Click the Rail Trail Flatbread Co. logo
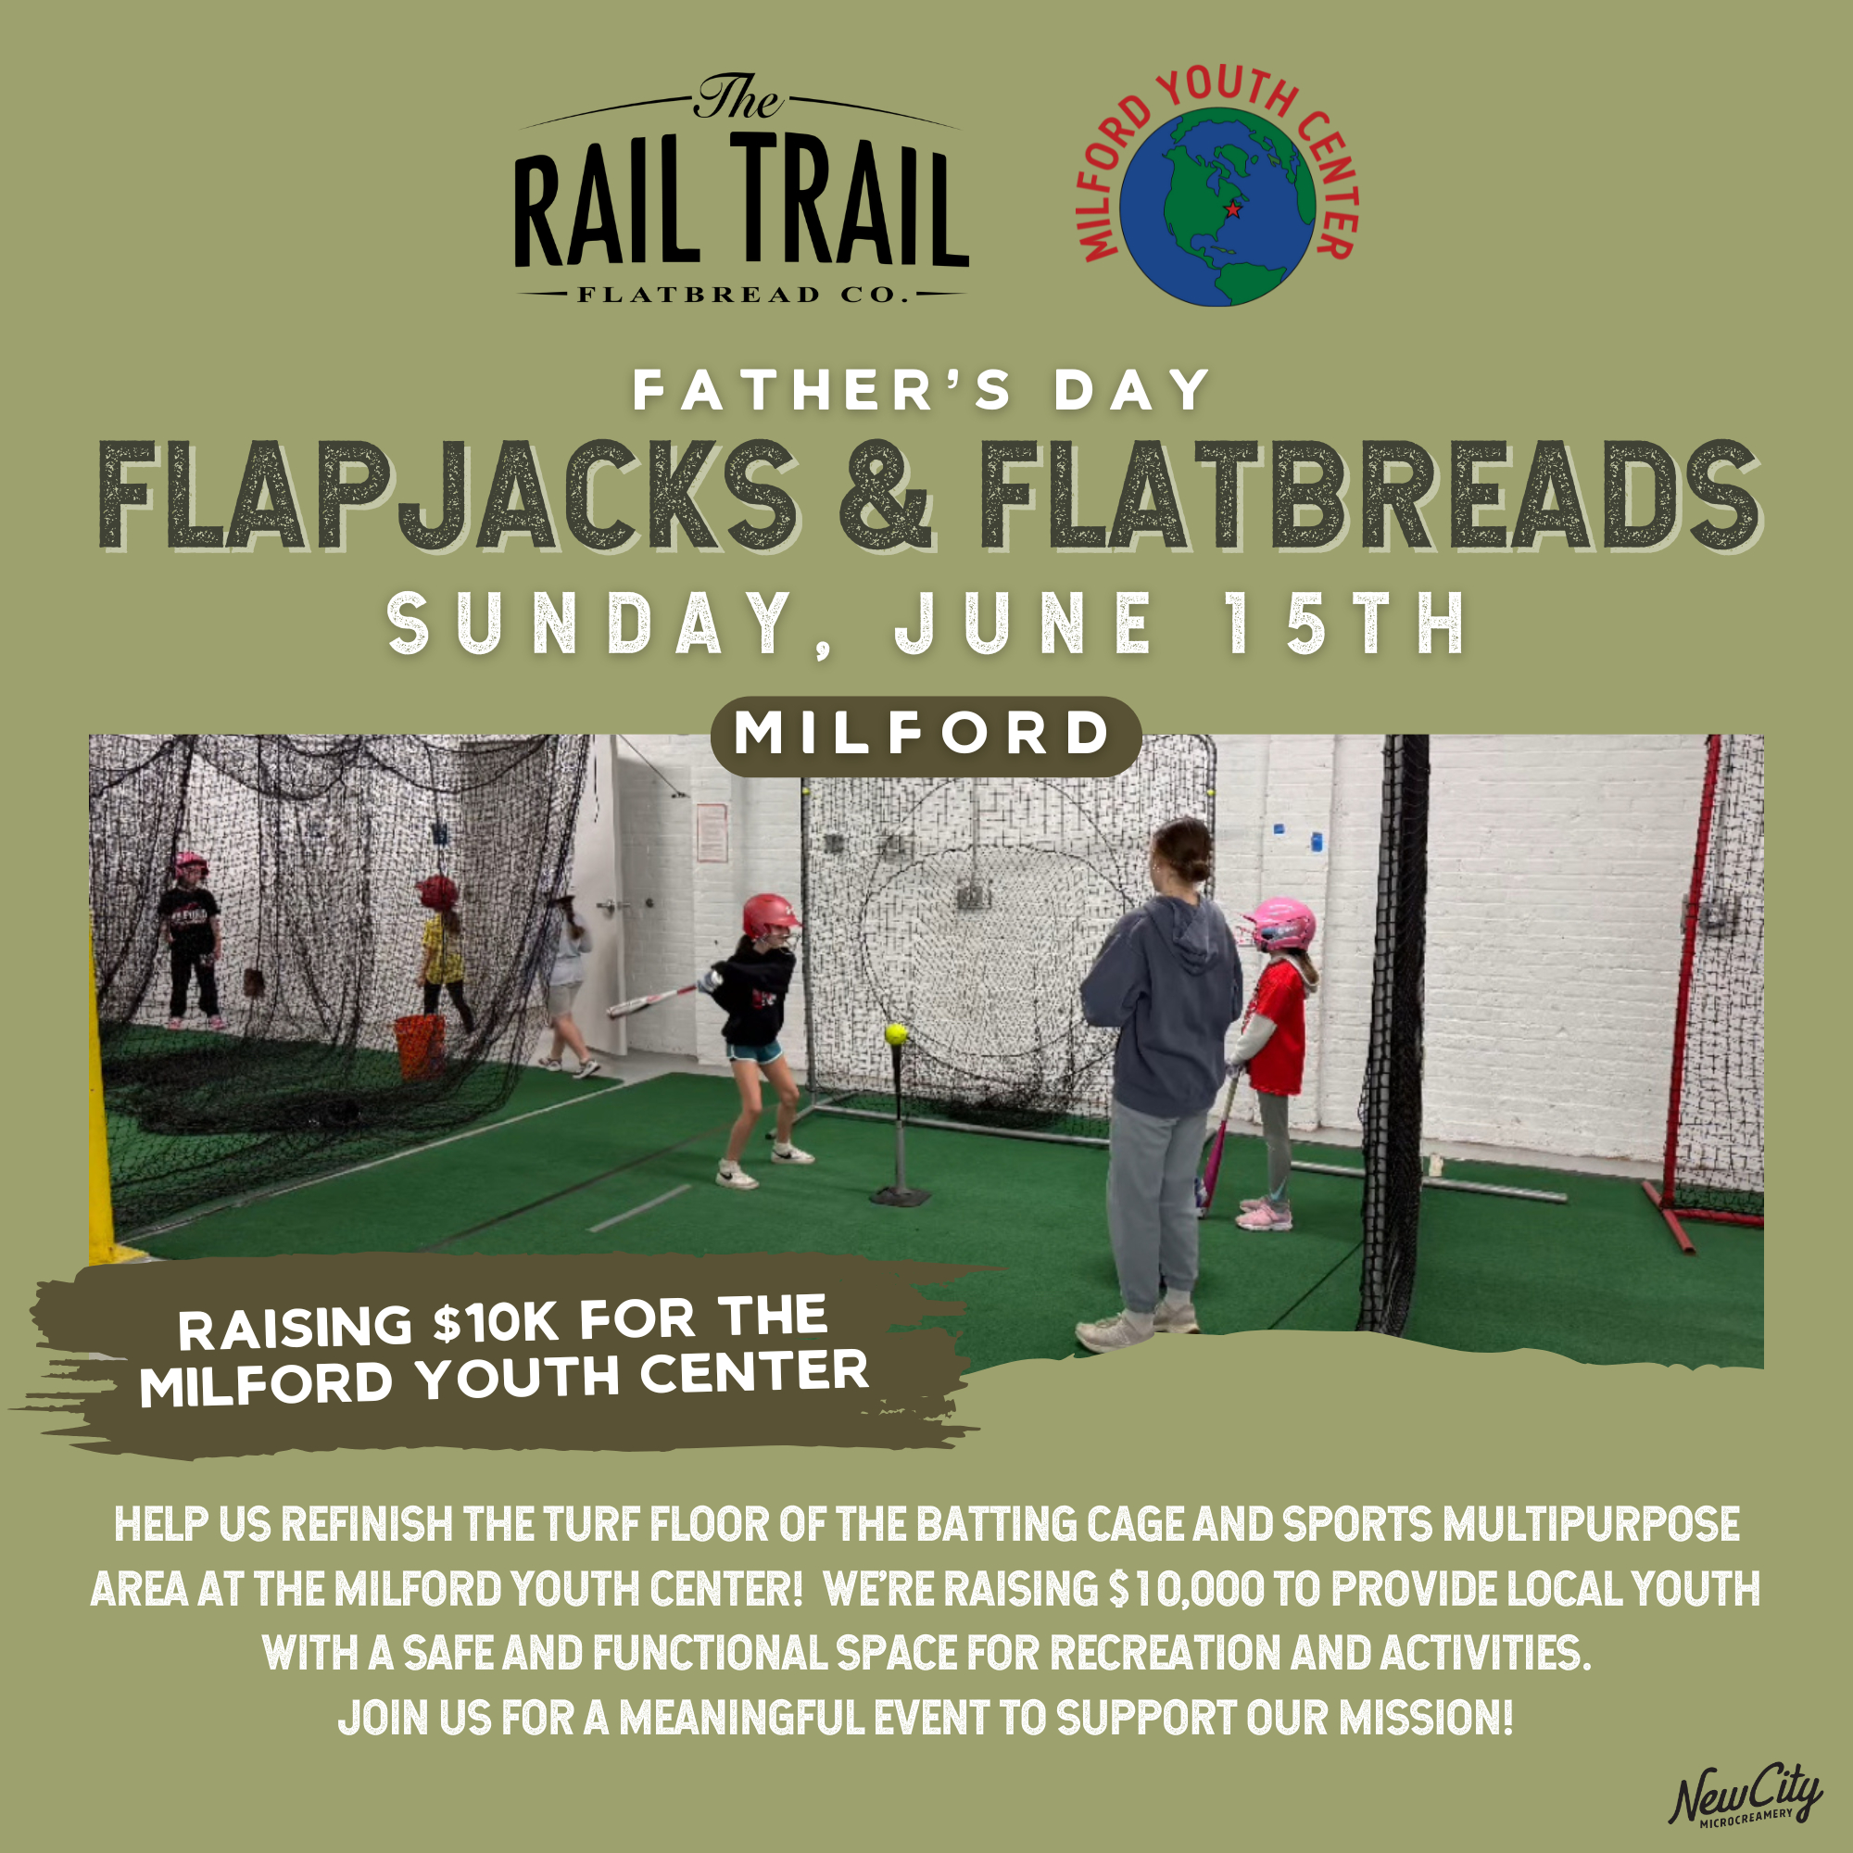tap(741, 190)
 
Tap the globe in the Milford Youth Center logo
tap(1218, 208)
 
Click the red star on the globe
tap(1233, 209)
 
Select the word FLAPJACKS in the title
tap(448, 496)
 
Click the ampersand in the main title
tap(885, 496)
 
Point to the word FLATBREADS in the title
tap(1369, 496)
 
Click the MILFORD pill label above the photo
tap(926, 736)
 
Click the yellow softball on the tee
tap(896, 1034)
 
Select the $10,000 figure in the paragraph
tap(1184, 1590)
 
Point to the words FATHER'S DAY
tap(922, 391)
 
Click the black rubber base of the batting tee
tap(899, 1196)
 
